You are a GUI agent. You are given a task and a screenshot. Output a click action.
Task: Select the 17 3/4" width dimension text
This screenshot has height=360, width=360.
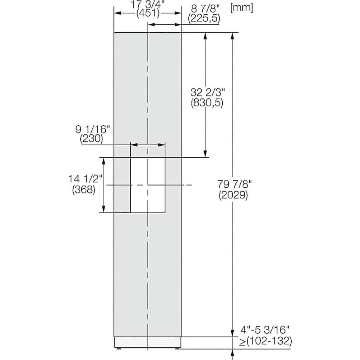tap(148, 5)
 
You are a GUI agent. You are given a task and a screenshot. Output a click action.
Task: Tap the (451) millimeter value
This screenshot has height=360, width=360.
tap(148, 13)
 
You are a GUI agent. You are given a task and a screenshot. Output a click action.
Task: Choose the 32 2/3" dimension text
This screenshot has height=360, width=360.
tap(207, 92)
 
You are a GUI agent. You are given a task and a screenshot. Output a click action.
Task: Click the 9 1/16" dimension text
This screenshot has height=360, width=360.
tap(92, 130)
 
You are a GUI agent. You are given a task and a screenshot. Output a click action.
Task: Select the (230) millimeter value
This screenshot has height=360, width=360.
tap(92, 139)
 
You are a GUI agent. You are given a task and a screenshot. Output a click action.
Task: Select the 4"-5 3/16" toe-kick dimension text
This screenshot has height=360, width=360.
tap(265, 330)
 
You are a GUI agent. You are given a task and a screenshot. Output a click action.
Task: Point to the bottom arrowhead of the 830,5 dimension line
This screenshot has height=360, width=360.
tap(206, 154)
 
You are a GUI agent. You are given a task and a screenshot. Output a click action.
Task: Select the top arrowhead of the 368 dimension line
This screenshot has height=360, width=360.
tap(104, 161)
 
